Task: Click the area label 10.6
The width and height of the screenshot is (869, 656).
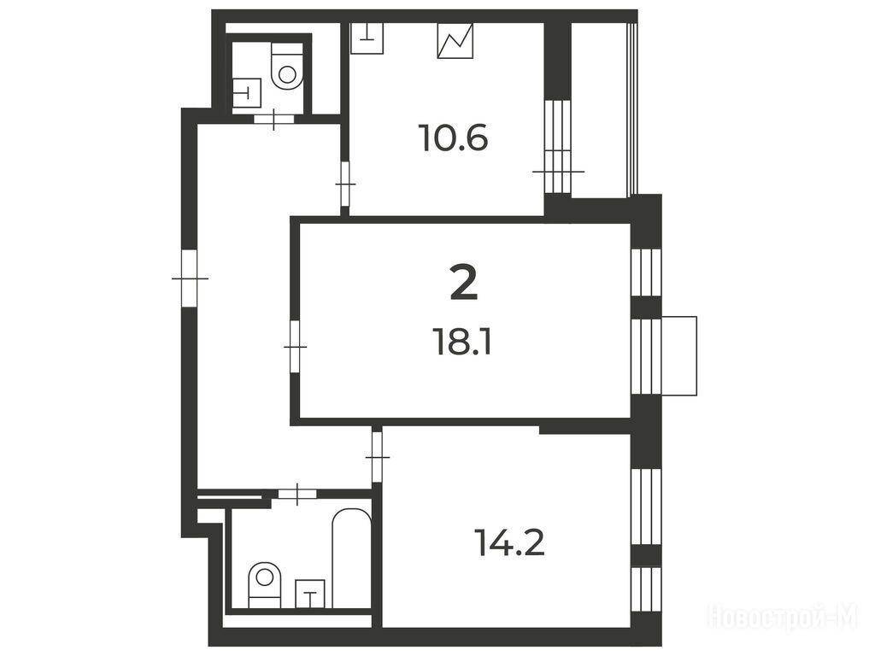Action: coord(455,138)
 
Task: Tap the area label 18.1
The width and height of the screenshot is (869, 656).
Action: coord(463,344)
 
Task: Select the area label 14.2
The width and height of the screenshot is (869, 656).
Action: coord(510,543)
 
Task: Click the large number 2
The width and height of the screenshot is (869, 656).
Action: coord(463,282)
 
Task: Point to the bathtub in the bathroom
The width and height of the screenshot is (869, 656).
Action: coord(351,559)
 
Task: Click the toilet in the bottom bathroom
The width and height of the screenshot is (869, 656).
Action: coord(265,585)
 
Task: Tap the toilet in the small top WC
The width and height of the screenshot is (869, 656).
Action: coord(287,66)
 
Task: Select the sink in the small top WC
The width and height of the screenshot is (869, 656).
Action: coord(247,92)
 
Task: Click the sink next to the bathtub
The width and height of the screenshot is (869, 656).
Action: coord(310,594)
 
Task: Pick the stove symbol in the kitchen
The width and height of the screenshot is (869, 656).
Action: coord(455,40)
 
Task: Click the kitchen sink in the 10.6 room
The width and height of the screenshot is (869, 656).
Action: coord(367,38)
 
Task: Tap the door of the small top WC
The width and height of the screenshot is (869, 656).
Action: coord(273,118)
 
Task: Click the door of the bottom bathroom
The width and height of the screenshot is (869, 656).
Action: coord(297,494)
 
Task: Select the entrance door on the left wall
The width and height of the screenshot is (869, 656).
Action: coord(190,278)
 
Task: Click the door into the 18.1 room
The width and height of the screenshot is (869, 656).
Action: coord(295,347)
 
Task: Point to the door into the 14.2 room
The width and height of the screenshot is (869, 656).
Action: coord(378,456)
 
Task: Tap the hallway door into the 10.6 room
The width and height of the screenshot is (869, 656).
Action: coord(345,184)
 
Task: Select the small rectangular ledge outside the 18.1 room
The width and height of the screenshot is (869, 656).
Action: coord(679,355)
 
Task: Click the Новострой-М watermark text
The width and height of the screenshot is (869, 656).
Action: coord(782,616)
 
